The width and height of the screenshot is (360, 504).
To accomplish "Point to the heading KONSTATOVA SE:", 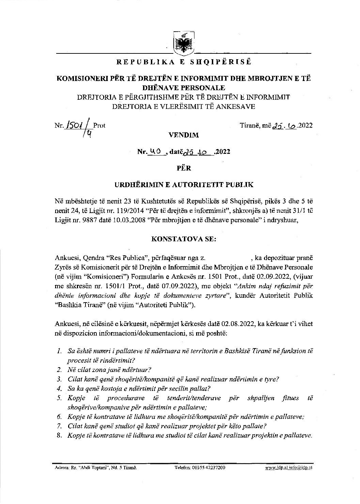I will [x=184, y=239].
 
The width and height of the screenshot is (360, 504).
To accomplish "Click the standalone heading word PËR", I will [x=184, y=168].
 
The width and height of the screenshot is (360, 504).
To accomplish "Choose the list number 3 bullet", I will [x=59, y=379].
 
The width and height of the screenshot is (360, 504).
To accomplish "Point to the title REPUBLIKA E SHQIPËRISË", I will [x=184, y=62].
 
